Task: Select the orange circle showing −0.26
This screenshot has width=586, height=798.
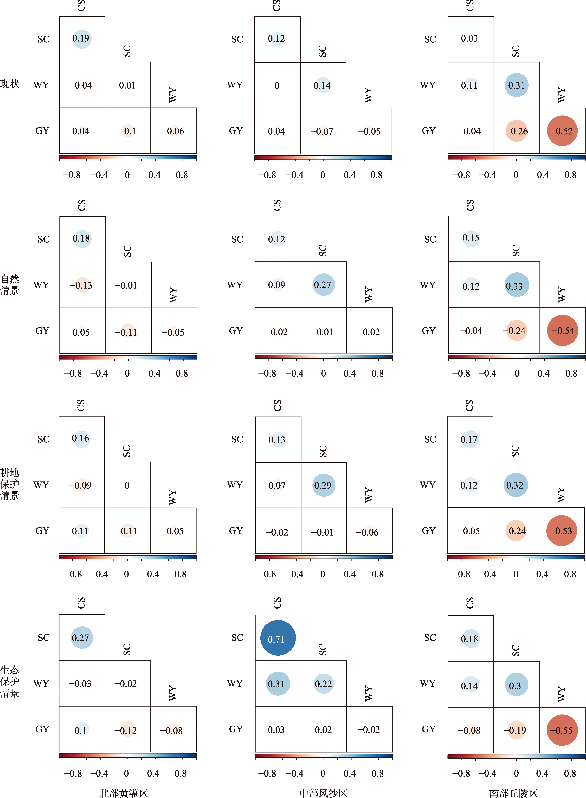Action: (517, 131)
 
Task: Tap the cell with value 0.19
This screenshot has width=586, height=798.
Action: (82, 39)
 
